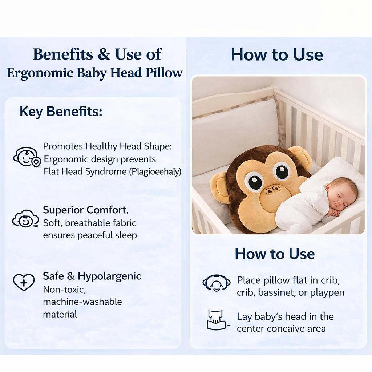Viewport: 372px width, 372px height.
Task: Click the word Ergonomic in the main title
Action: [x=40, y=73]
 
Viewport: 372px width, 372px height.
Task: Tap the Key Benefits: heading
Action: [x=61, y=111]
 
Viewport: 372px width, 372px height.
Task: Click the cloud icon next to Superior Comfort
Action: [x=25, y=219]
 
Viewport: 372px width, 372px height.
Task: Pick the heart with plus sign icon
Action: [x=24, y=282]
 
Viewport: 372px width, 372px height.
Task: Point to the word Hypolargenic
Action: [x=109, y=276]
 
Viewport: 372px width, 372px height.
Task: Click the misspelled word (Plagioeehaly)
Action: [x=155, y=171]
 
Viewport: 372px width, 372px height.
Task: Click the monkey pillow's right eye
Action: [x=282, y=171]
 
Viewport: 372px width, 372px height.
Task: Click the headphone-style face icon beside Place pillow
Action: [x=216, y=283]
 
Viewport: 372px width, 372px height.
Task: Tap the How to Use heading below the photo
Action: [x=275, y=254]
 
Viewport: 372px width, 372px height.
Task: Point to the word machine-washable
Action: [x=82, y=302]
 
